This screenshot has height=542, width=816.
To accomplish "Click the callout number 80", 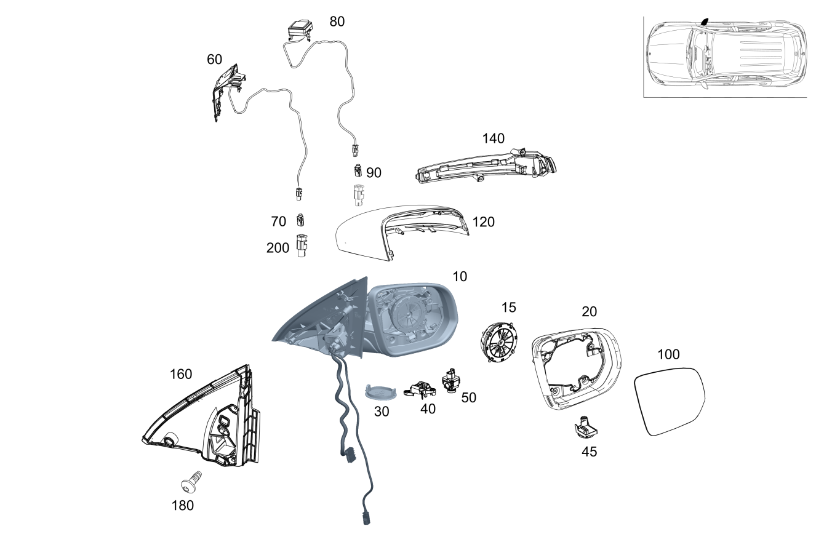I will coord(337,22).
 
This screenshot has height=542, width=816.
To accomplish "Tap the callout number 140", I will coord(493,138).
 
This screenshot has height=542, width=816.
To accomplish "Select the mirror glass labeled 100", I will coord(670,401).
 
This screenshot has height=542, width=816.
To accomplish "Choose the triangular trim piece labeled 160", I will coord(209,418).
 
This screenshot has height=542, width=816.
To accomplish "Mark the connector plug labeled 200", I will coord(302,245).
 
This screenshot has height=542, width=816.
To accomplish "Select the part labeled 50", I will coord(450,380).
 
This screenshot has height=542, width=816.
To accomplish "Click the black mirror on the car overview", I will coord(705,22).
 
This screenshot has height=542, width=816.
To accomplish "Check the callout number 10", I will coord(460,277).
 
